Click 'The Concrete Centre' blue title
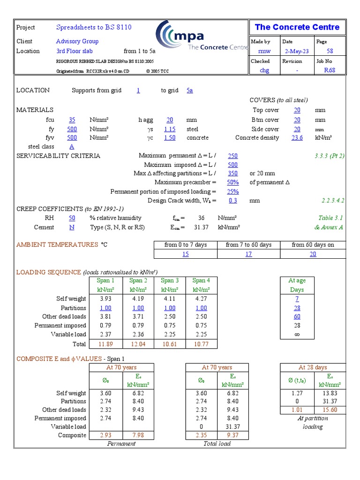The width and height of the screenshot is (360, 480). click(x=297, y=27)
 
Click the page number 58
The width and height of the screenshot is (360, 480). click(x=330, y=51)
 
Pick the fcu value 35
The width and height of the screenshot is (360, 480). click(x=72, y=120)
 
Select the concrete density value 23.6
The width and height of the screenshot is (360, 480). click(x=297, y=138)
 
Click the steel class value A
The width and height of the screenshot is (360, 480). click(x=72, y=147)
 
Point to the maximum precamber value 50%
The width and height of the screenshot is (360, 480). click(x=232, y=182)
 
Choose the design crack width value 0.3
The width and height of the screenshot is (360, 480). click(x=232, y=200)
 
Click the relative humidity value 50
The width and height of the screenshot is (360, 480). click(x=72, y=218)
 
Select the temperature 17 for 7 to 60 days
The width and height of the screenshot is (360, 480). click(x=248, y=254)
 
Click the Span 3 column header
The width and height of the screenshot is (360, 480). click(x=170, y=281)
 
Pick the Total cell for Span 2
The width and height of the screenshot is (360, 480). click(x=138, y=344)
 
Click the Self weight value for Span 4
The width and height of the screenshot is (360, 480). click(x=201, y=299)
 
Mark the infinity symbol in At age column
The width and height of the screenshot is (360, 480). click(x=297, y=335)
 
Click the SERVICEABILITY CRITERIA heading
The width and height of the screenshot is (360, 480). click(x=58, y=156)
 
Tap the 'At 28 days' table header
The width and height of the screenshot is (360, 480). click(x=313, y=367)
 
